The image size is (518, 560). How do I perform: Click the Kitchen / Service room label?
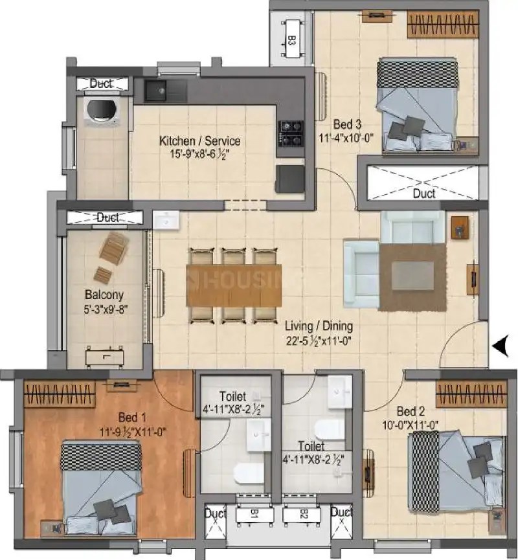click(x=199, y=140)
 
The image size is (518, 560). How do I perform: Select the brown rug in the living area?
click(x=412, y=267)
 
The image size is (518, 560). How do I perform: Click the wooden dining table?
click(x=234, y=284)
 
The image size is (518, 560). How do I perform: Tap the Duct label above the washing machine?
click(x=102, y=84)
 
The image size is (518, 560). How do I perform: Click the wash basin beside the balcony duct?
click(x=167, y=221)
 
